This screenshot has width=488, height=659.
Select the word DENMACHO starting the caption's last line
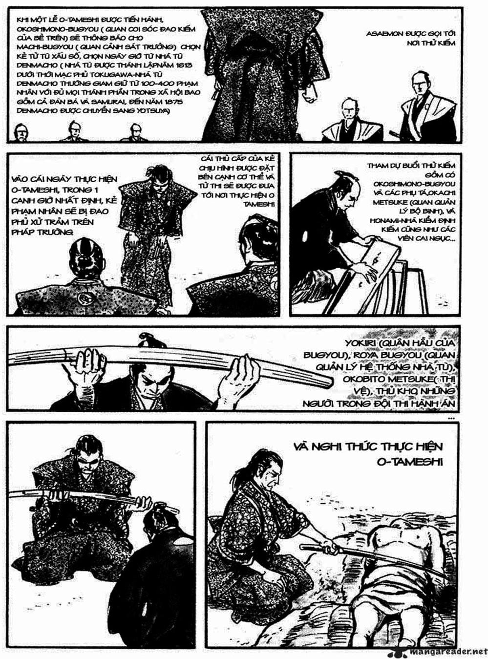(x=35, y=111)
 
